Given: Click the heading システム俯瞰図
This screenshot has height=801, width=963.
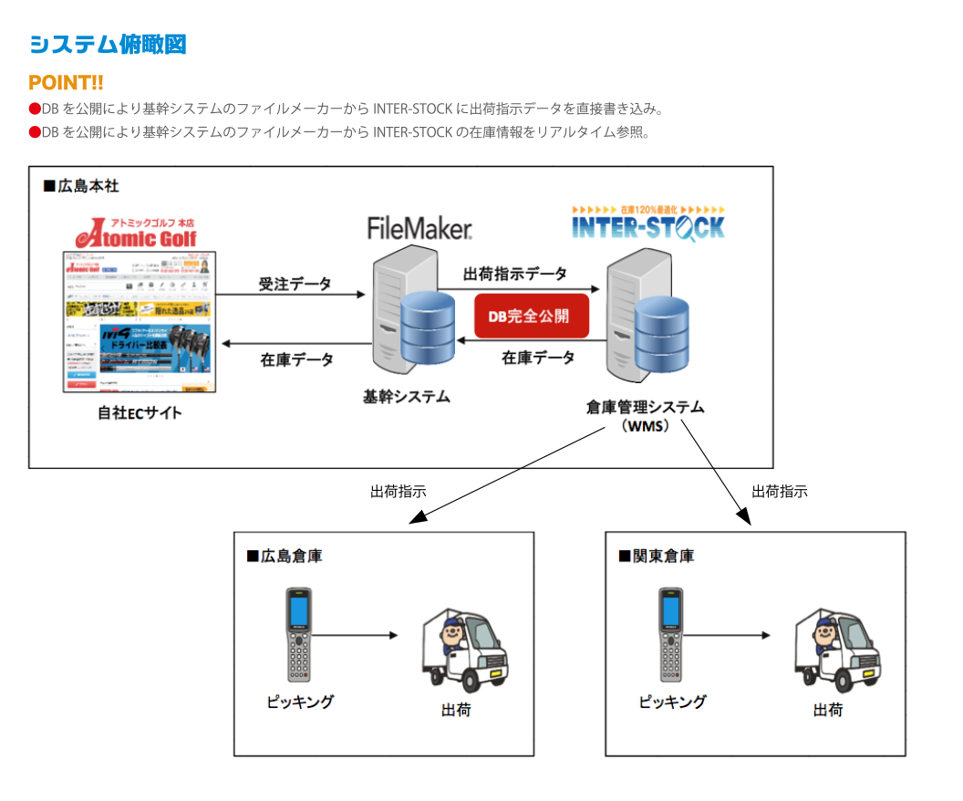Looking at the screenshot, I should [108, 45].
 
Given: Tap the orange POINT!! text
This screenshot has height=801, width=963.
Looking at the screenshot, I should [66, 83].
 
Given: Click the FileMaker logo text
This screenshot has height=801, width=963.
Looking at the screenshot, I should [419, 227].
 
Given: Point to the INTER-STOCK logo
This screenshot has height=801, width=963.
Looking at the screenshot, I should [648, 223].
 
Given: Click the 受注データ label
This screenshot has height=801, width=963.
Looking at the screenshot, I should [295, 284].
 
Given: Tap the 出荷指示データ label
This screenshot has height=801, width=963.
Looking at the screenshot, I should [515, 274].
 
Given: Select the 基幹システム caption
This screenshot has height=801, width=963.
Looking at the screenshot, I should [406, 397].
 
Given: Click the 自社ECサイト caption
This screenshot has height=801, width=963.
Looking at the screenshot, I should [140, 412].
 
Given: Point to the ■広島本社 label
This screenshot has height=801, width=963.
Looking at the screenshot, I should [81, 186].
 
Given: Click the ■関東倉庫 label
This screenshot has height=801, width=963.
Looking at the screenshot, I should [656, 556].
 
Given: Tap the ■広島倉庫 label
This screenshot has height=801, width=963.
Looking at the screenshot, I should [284, 556].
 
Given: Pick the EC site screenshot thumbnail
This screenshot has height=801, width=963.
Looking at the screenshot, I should [140, 321].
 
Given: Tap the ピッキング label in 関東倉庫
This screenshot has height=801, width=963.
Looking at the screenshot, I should [672, 702].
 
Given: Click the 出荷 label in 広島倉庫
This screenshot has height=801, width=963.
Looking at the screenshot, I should [456, 710].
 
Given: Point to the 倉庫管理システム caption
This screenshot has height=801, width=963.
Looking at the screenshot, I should [645, 407].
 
